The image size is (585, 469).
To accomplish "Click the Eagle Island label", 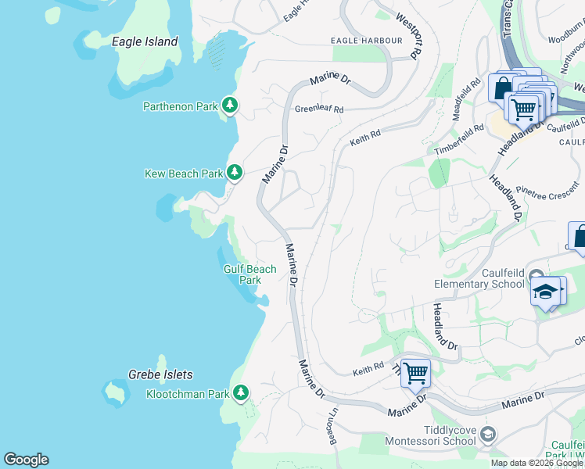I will [x=145, y=41].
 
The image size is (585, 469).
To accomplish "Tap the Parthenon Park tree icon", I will [x=229, y=105].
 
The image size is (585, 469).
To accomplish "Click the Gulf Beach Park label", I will [x=250, y=274].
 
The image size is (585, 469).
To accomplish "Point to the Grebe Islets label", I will [x=160, y=374].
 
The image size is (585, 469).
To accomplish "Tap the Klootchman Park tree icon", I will [x=242, y=392].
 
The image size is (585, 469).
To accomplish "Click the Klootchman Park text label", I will [x=188, y=393].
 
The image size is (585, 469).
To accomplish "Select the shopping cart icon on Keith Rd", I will [x=415, y=373].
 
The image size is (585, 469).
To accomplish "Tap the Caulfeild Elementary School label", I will [x=479, y=278].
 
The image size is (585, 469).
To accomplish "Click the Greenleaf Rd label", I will [x=319, y=109].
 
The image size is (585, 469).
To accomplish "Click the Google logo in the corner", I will [x=26, y=460].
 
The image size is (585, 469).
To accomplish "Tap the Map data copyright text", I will [x=537, y=463].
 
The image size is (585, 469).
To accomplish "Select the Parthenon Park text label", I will [x=180, y=106].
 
